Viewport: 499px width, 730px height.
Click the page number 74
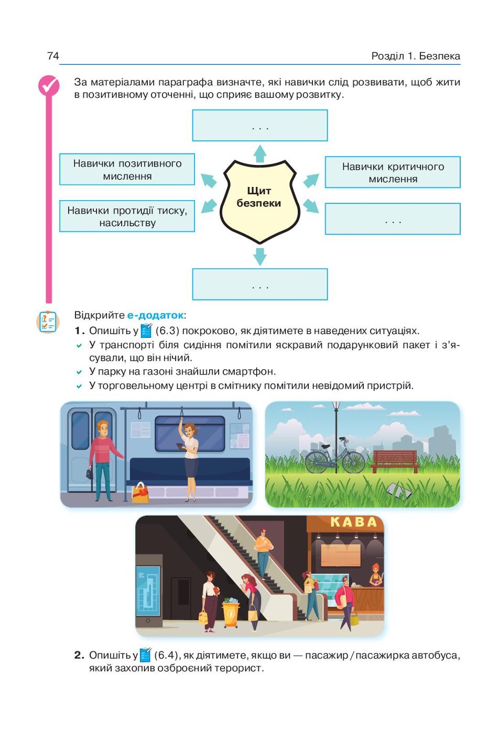pyautogui.click(x=53, y=56)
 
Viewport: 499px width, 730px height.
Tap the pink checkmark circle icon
pyautogui.click(x=49, y=85)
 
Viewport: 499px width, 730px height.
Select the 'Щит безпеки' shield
pyautogui.click(x=259, y=202)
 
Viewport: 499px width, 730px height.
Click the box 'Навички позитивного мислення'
pyautogui.click(x=127, y=170)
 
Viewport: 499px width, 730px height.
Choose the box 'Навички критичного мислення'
pyautogui.click(x=393, y=172)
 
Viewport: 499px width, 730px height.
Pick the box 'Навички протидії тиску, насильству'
pyautogui.click(x=127, y=216)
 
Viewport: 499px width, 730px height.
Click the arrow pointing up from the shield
pyautogui.click(x=259, y=153)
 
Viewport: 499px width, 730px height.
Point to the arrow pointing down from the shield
pyautogui.click(x=259, y=257)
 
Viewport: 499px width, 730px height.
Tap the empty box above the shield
pyautogui.click(x=260, y=126)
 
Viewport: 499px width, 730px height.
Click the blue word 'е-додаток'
pyautogui.click(x=155, y=315)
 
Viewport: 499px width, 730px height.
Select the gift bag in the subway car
pyautogui.click(x=140, y=492)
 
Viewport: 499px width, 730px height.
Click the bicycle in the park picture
pyautogui.click(x=335, y=456)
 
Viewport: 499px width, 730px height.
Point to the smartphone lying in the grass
pyautogui.click(x=398, y=491)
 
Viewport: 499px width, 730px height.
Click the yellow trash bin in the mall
pyautogui.click(x=231, y=614)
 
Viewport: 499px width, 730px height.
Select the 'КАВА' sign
pyautogui.click(x=353, y=522)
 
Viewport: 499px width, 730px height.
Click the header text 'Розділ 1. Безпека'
pyautogui.click(x=416, y=56)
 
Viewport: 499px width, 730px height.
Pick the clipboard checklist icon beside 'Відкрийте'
pyautogui.click(x=48, y=322)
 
